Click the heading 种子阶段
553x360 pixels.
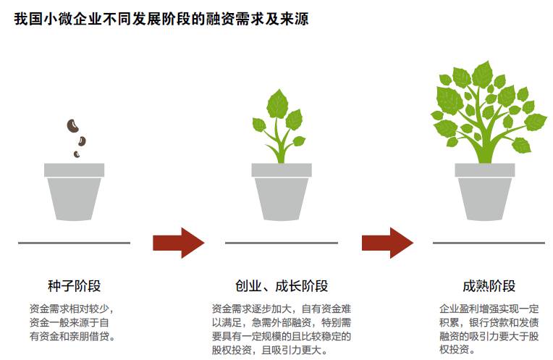[75, 285]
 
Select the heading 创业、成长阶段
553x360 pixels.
[282, 285]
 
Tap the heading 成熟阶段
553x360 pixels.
[489, 285]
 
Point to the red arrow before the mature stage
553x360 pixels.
[387, 243]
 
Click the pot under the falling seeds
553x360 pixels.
[75, 192]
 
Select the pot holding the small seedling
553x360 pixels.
[282, 192]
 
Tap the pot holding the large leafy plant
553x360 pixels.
[485, 192]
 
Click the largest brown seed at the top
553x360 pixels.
[72, 125]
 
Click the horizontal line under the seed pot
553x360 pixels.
[75, 243]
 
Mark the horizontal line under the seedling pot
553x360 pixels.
[282, 243]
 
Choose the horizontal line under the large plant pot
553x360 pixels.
[489, 243]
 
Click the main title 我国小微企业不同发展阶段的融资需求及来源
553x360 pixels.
[161, 20]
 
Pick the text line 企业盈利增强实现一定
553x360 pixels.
[489, 309]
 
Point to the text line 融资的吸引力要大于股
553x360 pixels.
[489, 337]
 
